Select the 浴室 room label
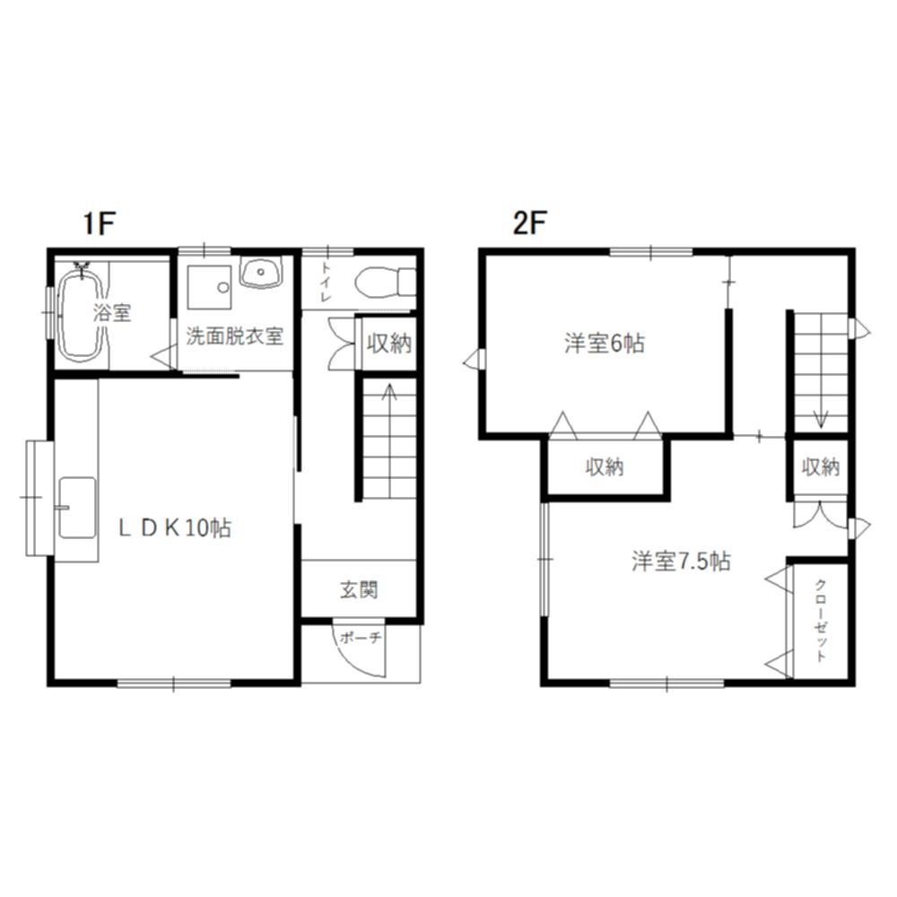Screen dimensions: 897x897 [113, 313]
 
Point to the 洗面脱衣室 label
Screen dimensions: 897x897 [234, 336]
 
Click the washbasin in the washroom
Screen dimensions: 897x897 [261, 272]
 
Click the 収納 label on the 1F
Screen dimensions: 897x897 [389, 344]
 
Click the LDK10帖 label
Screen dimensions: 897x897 [175, 527]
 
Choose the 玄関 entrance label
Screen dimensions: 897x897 [359, 590]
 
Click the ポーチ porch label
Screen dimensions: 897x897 [360, 638]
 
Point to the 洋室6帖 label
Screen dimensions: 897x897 [604, 344]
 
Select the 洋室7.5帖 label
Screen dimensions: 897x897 [681, 562]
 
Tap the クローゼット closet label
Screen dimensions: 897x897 [821, 621]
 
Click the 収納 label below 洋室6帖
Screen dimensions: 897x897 [604, 467]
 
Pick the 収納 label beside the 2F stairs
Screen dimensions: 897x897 [821, 467]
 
